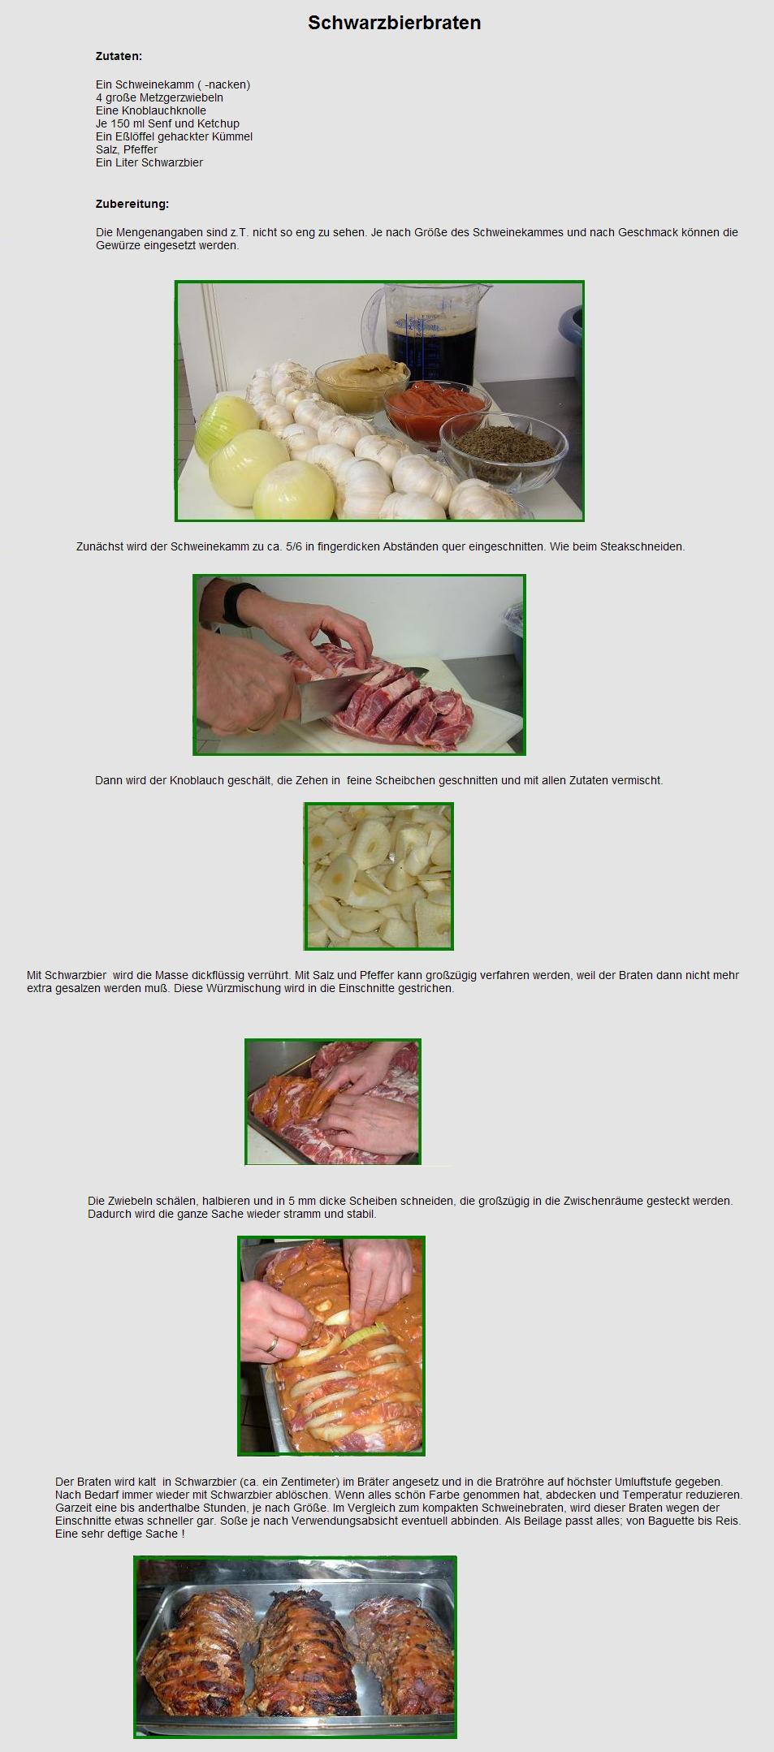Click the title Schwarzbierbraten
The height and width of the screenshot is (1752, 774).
(394, 23)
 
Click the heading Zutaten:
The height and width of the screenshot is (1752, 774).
(119, 57)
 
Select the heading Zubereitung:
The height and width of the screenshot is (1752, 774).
(132, 204)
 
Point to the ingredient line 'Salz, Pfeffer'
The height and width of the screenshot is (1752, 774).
(127, 149)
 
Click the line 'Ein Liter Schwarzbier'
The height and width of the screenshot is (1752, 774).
(149, 162)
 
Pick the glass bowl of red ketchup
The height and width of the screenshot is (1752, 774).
(437, 409)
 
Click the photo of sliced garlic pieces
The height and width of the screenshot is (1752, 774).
(378, 876)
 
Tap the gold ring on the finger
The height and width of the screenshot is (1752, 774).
(273, 1344)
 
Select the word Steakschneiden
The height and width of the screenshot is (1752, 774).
(642, 546)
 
